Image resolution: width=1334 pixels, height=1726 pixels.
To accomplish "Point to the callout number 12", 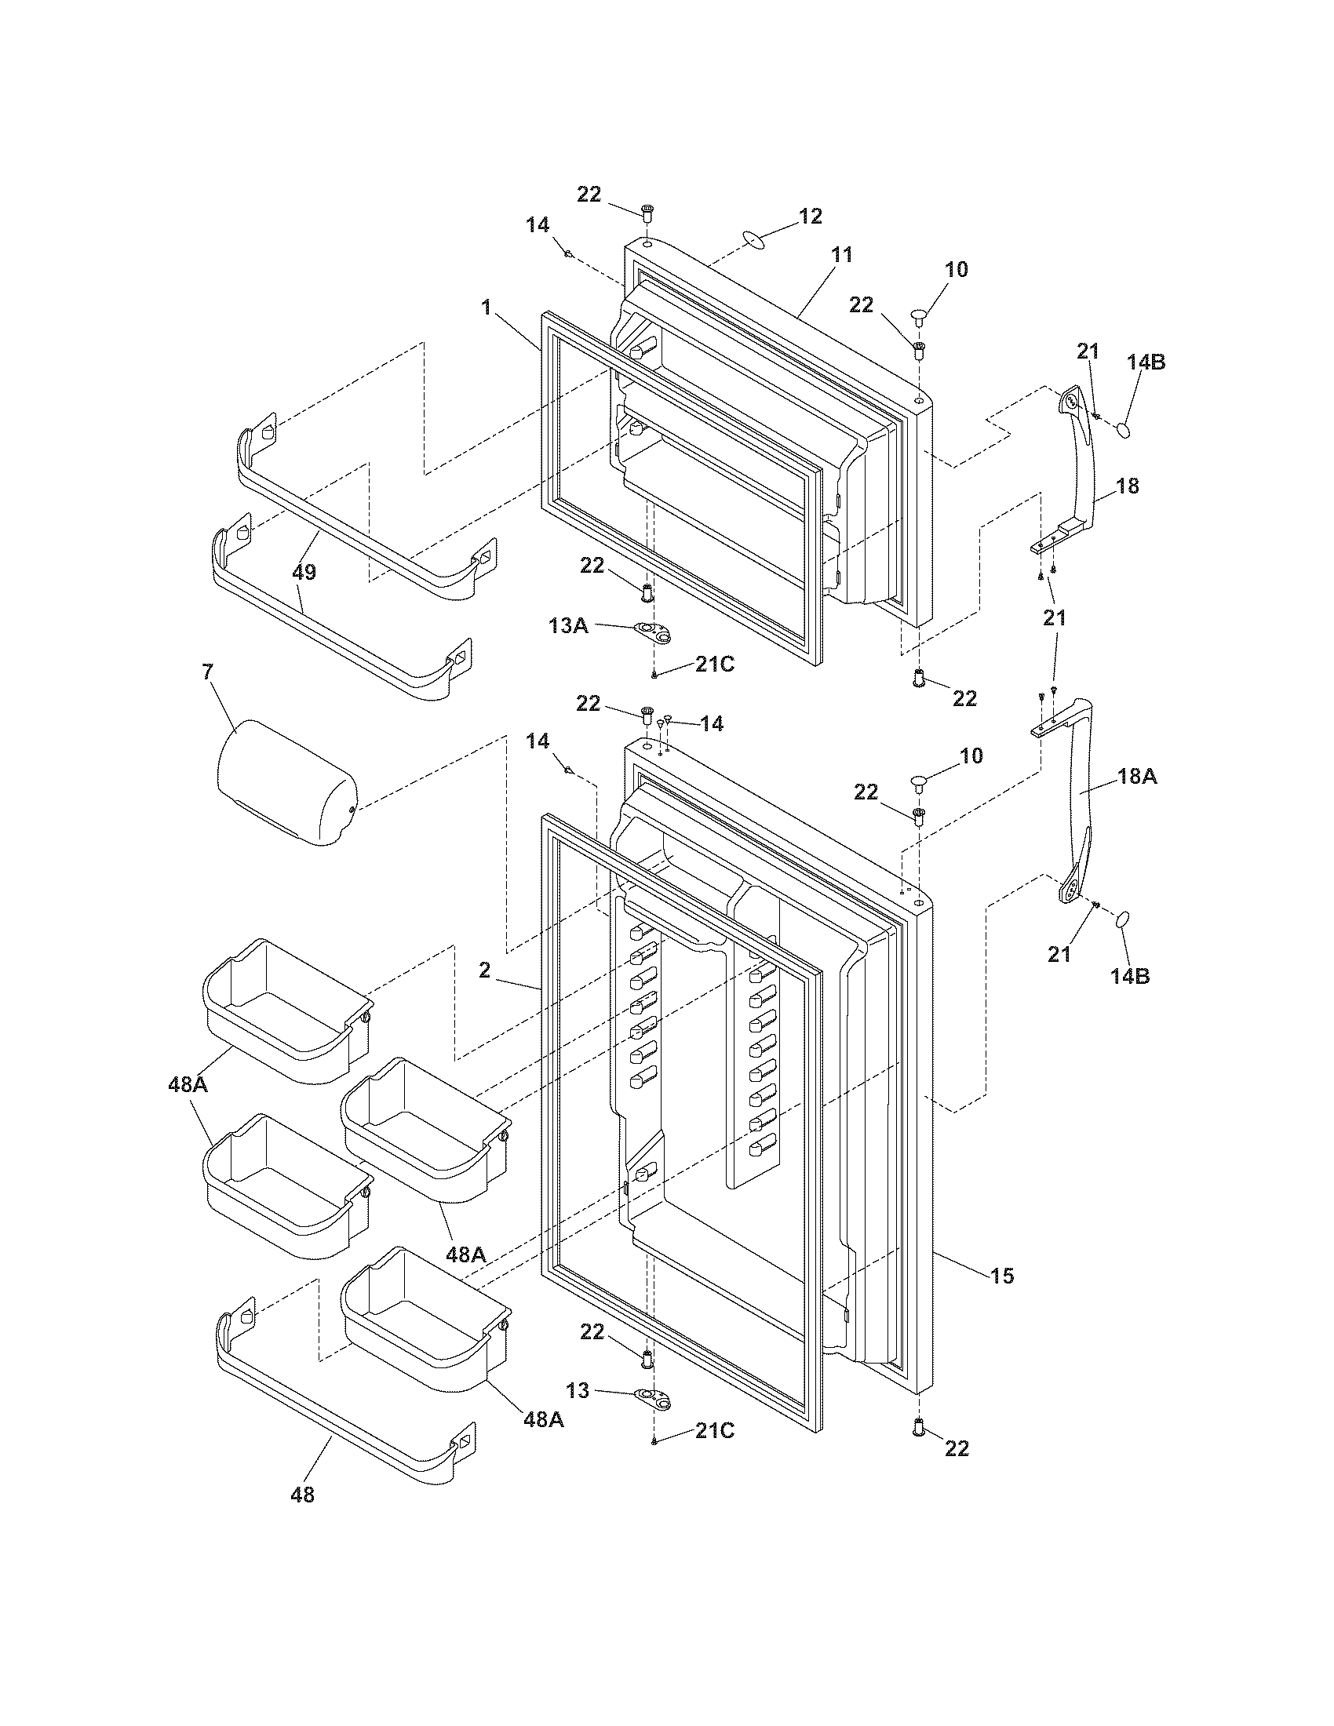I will coord(810,216).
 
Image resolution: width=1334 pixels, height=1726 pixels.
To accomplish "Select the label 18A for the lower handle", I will coord(1137,777).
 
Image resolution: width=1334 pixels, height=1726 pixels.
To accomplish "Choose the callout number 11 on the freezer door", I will coord(842,255).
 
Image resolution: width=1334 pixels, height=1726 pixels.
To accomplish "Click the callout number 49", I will coord(304,572).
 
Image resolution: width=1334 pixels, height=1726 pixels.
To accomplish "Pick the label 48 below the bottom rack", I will coord(302,1495).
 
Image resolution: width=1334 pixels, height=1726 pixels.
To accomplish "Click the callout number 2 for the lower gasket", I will coord(485,971).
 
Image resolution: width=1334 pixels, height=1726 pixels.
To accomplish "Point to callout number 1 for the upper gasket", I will coord(487,308).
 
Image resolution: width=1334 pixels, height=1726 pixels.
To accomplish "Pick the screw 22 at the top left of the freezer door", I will coord(648,212).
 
